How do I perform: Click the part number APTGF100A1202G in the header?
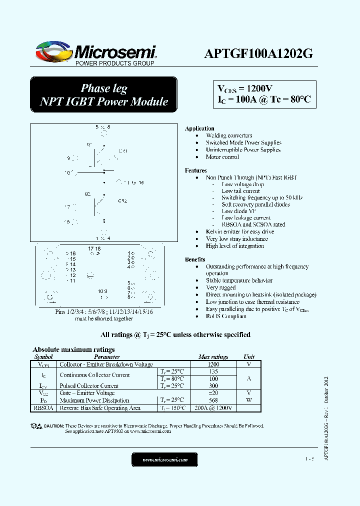click(x=258, y=54)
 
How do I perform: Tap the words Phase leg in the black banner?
click(x=104, y=88)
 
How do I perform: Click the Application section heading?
click(x=199, y=128)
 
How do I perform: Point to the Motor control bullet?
click(x=222, y=157)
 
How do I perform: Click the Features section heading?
click(x=195, y=170)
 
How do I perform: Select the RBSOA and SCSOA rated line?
click(x=253, y=224)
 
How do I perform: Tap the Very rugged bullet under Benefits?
click(x=221, y=288)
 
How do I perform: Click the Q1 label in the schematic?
click(x=89, y=144)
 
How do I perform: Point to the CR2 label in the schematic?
click(x=122, y=200)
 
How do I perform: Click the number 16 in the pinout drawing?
click(x=72, y=254)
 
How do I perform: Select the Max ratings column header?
click(x=213, y=356)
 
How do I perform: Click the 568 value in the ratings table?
click(x=213, y=400)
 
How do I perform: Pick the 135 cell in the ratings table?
click(x=213, y=371)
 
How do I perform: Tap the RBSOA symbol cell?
click(x=43, y=408)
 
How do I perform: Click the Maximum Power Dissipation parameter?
click(x=94, y=400)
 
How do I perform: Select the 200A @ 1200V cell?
click(x=213, y=408)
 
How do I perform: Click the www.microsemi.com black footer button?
click(x=164, y=459)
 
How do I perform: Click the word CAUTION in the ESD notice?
click(x=53, y=426)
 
